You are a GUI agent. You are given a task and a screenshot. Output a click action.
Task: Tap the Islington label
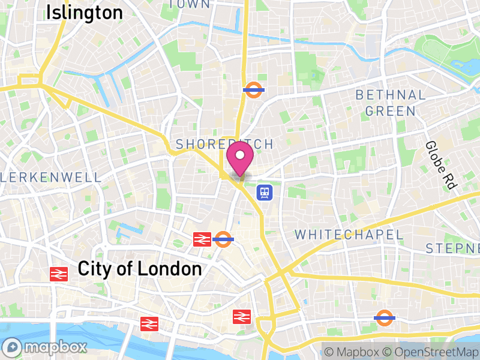[85, 12]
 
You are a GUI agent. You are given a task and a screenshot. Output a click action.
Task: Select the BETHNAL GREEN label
[391, 103]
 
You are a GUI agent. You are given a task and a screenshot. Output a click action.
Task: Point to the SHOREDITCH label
[224, 144]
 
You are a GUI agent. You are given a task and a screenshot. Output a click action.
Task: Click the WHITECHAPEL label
[349, 235]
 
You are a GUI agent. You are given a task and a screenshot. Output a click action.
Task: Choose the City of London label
[140, 269]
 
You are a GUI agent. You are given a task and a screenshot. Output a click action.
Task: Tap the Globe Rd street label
[439, 166]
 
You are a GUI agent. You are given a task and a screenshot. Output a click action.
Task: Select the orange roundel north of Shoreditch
[254, 90]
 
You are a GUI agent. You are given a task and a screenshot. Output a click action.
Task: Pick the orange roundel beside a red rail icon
[223, 239]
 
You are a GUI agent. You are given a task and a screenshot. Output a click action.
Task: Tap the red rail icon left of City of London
[58, 274]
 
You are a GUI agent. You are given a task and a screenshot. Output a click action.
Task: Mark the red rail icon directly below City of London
[149, 324]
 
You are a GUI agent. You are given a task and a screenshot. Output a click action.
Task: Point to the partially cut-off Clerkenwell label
[51, 177]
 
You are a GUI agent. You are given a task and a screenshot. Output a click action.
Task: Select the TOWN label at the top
[190, 4]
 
